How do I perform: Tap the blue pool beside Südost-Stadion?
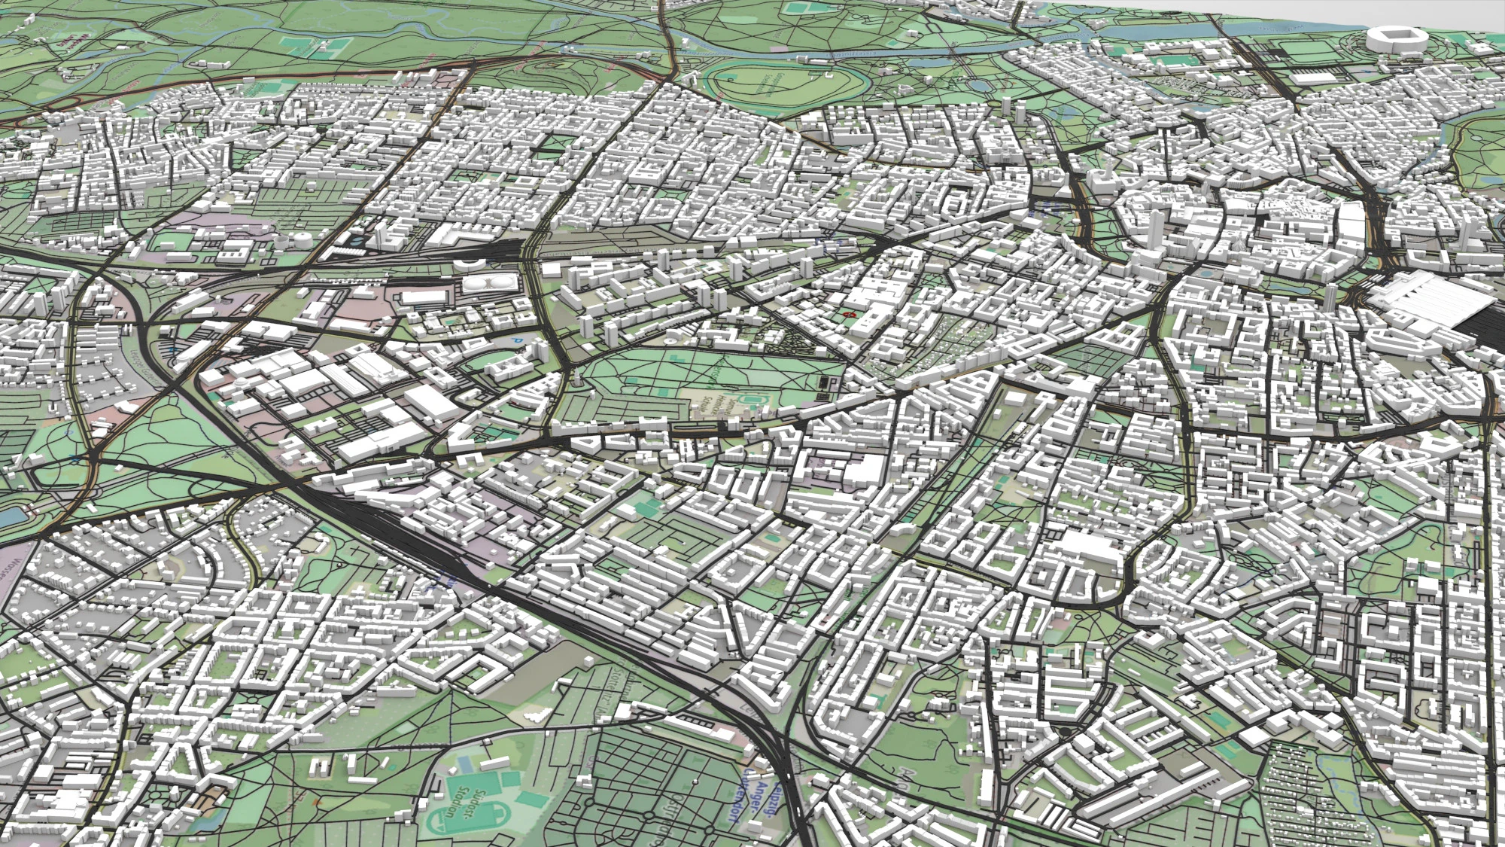(x=467, y=764)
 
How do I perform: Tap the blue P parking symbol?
(x=515, y=340)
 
